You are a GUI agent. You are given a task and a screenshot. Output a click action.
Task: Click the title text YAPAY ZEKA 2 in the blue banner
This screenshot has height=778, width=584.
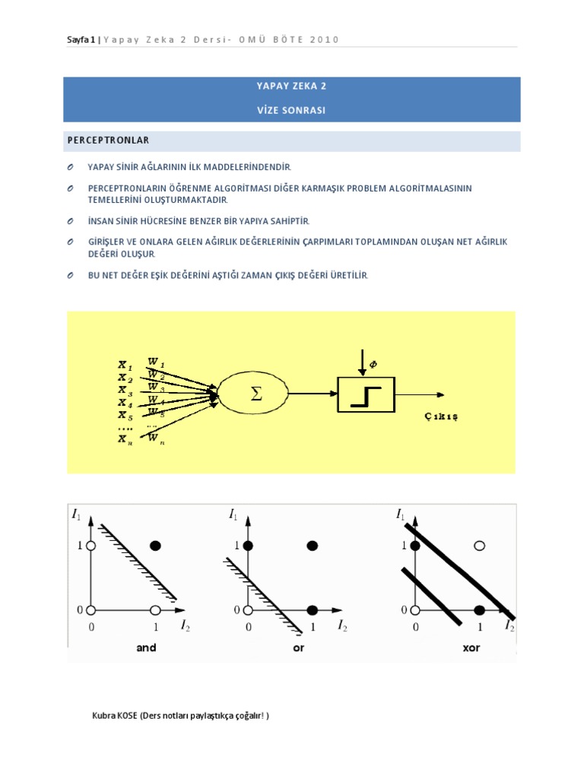pos(291,87)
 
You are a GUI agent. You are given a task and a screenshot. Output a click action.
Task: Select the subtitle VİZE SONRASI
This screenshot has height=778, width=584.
pos(291,110)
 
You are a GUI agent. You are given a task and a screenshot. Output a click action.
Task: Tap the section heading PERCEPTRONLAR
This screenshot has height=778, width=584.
pos(108,141)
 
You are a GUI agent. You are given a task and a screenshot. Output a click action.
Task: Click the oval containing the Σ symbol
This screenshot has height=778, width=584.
pos(253,394)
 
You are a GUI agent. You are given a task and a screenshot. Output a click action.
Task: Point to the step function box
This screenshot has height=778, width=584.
pos(366,394)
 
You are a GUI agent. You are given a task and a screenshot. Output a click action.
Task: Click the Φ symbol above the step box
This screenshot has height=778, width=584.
pos(373,365)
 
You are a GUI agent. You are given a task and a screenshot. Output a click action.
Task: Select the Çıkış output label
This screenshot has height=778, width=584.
pos(440,416)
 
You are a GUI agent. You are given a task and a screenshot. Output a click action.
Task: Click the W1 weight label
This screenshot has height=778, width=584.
pos(156,362)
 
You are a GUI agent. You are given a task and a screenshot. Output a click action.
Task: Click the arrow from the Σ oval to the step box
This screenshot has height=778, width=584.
pos(312,394)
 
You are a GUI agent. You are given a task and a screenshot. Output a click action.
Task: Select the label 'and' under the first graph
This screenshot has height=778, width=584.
pos(146,648)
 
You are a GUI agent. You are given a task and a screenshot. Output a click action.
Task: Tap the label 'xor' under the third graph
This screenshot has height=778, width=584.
pos(471,648)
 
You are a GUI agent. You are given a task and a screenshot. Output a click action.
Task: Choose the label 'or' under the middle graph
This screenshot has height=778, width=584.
pos(298,648)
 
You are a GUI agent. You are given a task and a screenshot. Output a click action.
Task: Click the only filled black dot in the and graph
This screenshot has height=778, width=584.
pos(156,546)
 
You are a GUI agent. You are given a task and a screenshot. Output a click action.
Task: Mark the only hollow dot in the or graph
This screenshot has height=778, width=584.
pos(247,609)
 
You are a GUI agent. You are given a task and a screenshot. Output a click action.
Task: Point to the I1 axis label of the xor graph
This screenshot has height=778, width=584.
pos(401,514)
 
